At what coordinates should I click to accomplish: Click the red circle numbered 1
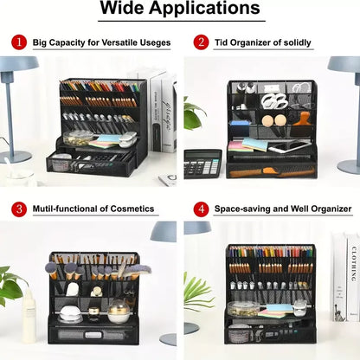point(19,42)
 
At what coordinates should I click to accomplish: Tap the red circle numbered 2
point(201,42)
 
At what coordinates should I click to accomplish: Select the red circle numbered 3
point(19,209)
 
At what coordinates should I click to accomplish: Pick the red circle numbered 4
point(201,209)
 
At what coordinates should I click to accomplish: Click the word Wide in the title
point(122,8)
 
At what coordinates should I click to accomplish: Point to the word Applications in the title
point(204,9)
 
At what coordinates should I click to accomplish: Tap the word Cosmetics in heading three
point(132,209)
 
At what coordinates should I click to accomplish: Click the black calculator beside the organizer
point(202,164)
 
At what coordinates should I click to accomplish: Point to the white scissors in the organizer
point(274,100)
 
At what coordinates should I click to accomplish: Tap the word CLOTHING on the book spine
point(354,264)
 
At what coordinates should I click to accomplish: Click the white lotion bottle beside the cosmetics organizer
point(29,316)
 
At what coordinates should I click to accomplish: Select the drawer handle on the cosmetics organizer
point(93,335)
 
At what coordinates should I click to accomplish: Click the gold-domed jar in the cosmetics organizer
point(119,311)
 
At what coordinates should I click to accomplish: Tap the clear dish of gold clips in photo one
point(78,138)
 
